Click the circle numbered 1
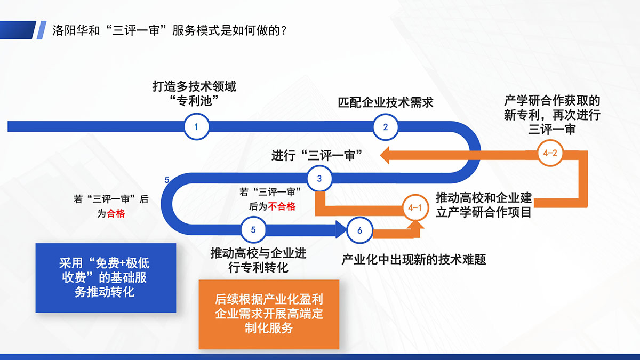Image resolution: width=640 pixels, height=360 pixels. click(196, 126)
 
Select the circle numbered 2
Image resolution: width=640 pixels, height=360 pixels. click(386, 127)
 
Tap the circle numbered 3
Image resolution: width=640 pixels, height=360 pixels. click(319, 178)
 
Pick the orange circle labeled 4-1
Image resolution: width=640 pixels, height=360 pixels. click(415, 207)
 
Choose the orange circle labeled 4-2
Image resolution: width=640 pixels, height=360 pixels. click(550, 153)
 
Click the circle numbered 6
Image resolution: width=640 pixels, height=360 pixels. click(359, 230)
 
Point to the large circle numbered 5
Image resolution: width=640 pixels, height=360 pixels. click(253, 230)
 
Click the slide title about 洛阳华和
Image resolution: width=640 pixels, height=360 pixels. click(169, 30)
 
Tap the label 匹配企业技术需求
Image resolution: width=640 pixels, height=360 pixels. click(386, 102)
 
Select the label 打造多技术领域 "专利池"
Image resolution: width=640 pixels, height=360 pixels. click(194, 93)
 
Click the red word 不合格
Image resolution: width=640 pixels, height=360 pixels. click(282, 206)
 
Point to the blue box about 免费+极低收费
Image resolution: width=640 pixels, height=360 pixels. click(106, 278)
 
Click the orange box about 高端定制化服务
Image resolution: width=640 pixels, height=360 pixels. click(269, 314)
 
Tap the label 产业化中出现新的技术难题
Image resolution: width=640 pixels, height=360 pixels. click(414, 259)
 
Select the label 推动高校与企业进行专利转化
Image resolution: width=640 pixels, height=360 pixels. click(258, 260)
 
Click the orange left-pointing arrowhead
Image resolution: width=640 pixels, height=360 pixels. click(385, 155)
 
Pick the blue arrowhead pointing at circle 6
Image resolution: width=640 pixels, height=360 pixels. click(341, 229)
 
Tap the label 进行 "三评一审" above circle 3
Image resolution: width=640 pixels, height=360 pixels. click(317, 156)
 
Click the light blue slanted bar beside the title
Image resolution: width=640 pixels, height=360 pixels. click(42, 30)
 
